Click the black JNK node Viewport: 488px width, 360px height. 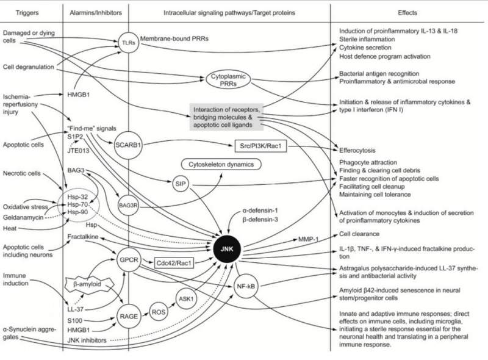click(x=227, y=249)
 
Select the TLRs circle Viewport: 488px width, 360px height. click(x=128, y=43)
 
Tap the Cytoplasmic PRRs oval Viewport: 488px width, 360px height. click(x=228, y=80)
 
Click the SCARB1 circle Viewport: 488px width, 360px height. click(x=128, y=145)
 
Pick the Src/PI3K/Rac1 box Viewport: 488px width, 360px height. click(x=261, y=146)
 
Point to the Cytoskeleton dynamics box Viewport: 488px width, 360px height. click(x=221, y=164)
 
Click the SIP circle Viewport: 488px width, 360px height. click(x=181, y=184)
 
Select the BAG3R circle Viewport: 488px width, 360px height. click(x=128, y=205)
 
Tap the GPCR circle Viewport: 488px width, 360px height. click(x=129, y=260)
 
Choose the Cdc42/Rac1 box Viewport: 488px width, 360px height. click(x=174, y=263)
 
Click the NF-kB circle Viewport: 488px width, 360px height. click(x=246, y=286)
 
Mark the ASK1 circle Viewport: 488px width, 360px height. click(x=186, y=298)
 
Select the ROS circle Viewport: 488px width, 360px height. click(x=159, y=312)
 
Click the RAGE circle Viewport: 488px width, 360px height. click(x=129, y=317)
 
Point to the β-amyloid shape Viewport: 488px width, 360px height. click(x=89, y=284)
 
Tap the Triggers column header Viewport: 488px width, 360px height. click(x=27, y=13)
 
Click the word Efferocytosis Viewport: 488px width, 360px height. click(x=357, y=151)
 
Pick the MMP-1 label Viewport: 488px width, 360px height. click(x=309, y=239)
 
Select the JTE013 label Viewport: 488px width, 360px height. click(x=78, y=151)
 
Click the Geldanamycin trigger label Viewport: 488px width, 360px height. click(x=23, y=217)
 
